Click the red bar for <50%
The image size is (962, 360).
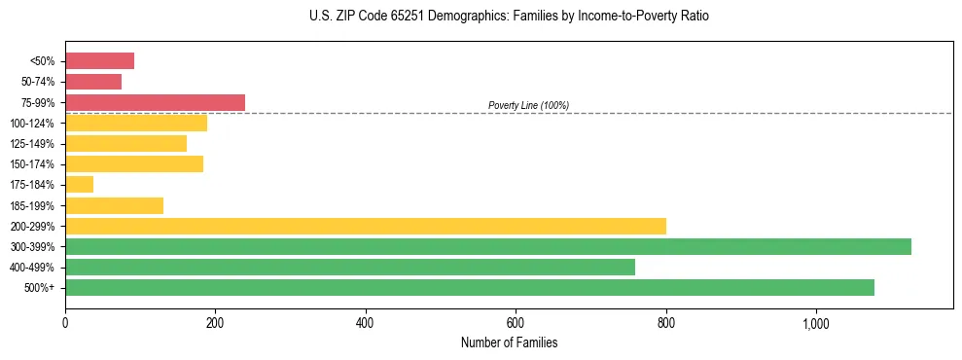[99, 61]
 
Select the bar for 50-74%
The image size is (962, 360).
[93, 82]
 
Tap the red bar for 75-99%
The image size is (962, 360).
[155, 102]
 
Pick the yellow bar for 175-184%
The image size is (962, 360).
[79, 184]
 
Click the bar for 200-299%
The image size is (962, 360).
[365, 226]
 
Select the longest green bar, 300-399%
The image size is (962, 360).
[487, 246]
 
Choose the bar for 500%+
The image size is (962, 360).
[469, 287]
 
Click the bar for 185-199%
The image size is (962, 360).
[114, 205]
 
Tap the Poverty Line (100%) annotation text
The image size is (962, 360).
[528, 105]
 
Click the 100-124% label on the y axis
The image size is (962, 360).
[32, 124]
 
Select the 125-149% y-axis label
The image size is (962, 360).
[32, 144]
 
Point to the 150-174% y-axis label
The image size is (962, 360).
[32, 164]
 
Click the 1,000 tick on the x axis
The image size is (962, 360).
[815, 323]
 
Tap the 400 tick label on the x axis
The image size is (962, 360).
[366, 323]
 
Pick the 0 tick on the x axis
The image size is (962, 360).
[65, 323]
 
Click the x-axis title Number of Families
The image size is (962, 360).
[509, 342]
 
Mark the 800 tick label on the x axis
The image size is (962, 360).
[665, 323]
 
